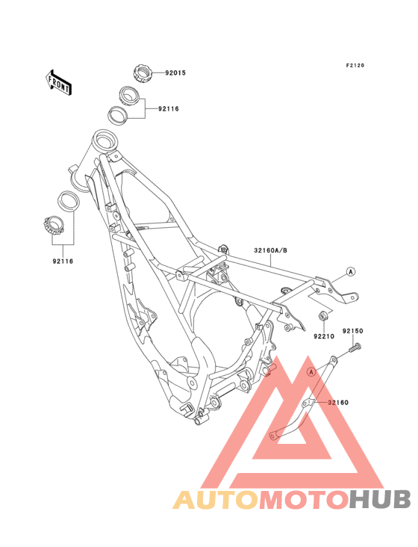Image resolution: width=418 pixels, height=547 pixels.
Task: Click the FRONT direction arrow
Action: (58, 82)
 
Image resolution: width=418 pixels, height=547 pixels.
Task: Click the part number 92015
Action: (175, 73)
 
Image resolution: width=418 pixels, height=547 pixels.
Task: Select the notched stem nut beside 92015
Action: (143, 73)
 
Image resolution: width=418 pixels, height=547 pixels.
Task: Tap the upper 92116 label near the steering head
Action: (169, 109)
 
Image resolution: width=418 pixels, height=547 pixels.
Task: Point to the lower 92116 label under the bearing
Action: (63, 261)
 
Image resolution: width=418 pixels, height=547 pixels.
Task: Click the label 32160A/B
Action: (271, 250)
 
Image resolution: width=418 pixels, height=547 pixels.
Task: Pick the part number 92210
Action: (324, 336)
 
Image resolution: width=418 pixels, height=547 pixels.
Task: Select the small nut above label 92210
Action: (322, 316)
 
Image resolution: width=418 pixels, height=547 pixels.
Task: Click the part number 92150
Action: (352, 331)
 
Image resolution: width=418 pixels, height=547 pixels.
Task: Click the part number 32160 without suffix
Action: (338, 402)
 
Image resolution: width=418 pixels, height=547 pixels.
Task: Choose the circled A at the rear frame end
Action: (351, 271)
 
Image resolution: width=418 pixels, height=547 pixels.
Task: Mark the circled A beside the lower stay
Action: (312, 372)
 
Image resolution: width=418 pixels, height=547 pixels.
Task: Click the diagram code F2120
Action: (355, 65)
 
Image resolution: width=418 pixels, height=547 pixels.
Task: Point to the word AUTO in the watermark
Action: (216, 499)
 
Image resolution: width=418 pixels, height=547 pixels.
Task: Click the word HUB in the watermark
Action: (381, 499)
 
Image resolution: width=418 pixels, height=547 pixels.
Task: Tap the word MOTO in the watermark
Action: (305, 499)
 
